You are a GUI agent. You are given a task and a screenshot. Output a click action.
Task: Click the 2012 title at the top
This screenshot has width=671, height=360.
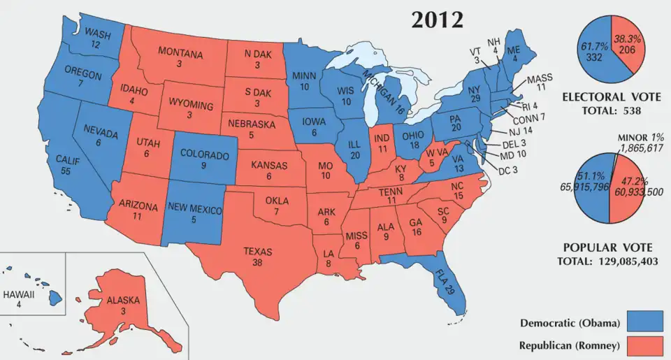click(437, 20)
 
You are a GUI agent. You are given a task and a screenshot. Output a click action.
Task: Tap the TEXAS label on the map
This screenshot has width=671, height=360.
click(257, 252)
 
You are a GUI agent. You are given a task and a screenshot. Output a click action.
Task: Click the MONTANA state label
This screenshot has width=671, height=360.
click(180, 53)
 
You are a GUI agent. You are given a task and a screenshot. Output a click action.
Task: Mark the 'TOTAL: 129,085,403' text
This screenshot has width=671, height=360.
click(607, 261)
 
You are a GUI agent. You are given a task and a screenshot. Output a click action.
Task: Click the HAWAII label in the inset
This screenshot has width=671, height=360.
click(19, 294)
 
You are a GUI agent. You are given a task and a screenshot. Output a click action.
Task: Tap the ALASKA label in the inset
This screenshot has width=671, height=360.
click(123, 301)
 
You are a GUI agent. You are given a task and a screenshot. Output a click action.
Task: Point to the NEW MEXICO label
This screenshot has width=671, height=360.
click(195, 210)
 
